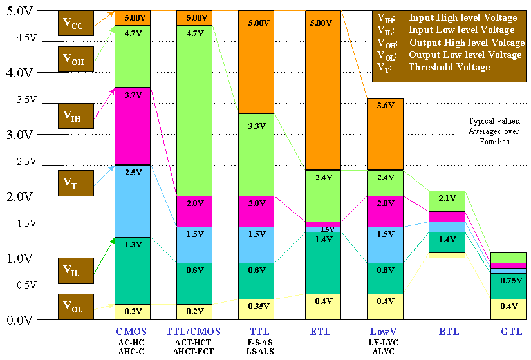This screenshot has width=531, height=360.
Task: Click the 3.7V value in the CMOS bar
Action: click(132, 95)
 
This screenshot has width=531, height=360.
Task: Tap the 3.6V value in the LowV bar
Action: click(384, 106)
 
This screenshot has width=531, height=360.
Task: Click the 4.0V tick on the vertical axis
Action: click(19, 72)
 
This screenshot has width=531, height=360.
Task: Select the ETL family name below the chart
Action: click(320, 331)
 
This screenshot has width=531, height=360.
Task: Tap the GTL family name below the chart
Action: click(508, 331)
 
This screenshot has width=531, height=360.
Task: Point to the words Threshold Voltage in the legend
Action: click(449, 67)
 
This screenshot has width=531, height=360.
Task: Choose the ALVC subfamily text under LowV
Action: click(383, 351)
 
